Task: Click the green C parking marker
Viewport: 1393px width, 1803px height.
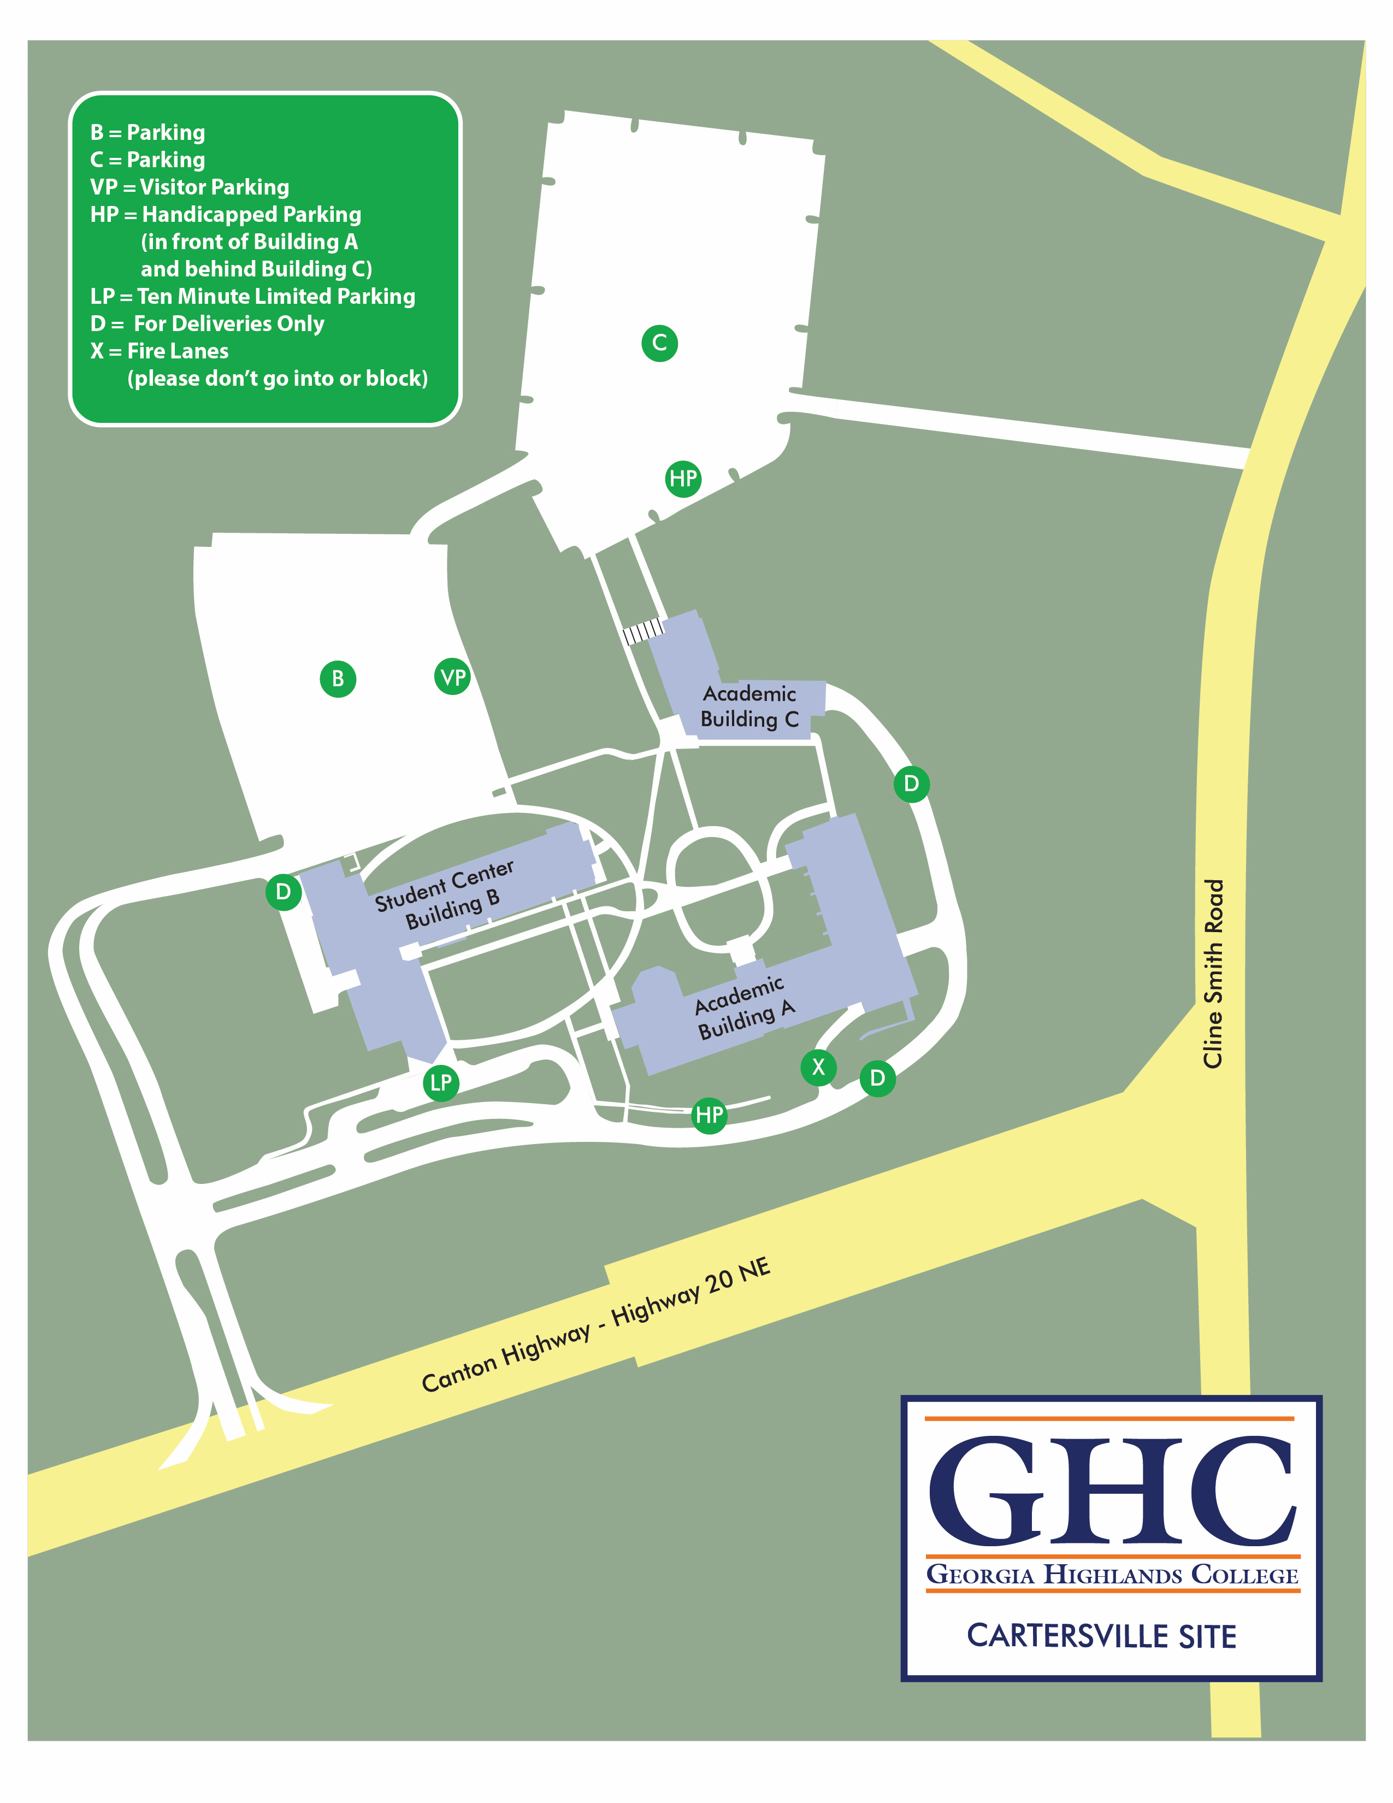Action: pos(659,343)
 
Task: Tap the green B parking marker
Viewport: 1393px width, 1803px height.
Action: pos(338,679)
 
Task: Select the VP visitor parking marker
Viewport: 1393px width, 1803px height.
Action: pos(452,677)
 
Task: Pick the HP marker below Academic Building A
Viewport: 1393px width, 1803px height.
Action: pos(709,1115)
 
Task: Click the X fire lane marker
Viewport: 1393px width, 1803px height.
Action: pos(818,1067)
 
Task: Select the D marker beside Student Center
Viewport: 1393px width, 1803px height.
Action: pos(283,892)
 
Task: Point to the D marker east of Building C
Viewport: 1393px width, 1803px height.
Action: pos(911,783)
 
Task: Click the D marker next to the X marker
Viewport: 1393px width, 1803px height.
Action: pos(877,1077)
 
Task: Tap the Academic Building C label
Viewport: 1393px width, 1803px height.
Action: pos(749,706)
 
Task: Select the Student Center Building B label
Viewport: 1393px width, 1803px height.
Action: pos(446,895)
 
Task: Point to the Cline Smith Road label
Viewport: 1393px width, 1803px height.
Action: pos(1212,974)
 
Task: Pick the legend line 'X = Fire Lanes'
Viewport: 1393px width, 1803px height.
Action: pos(160,351)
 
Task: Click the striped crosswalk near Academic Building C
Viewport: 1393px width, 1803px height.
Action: pos(643,632)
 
